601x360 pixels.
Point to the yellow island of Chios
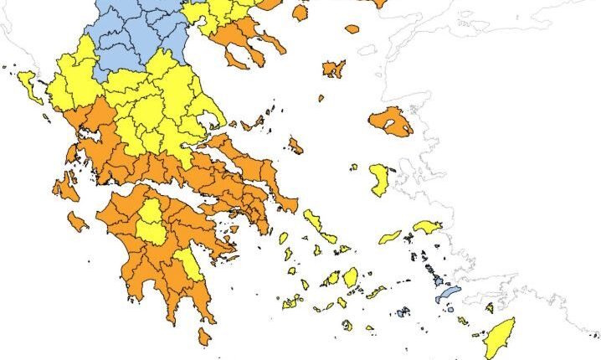pos(379,179)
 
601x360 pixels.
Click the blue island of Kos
pos(447,295)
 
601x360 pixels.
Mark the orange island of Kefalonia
pos(64,186)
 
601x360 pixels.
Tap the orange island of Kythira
pos(204,336)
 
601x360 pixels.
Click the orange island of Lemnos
pos(333,69)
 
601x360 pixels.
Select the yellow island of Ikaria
pos(390,238)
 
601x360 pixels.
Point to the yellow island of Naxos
pos(350,277)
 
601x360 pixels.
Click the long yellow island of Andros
pos(315,221)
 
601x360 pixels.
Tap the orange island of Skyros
pos(295,145)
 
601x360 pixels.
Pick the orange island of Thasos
pos(300,13)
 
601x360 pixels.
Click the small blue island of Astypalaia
pos(403,312)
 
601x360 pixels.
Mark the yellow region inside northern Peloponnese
pos(151,219)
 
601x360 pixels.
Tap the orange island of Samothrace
pos(352,29)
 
